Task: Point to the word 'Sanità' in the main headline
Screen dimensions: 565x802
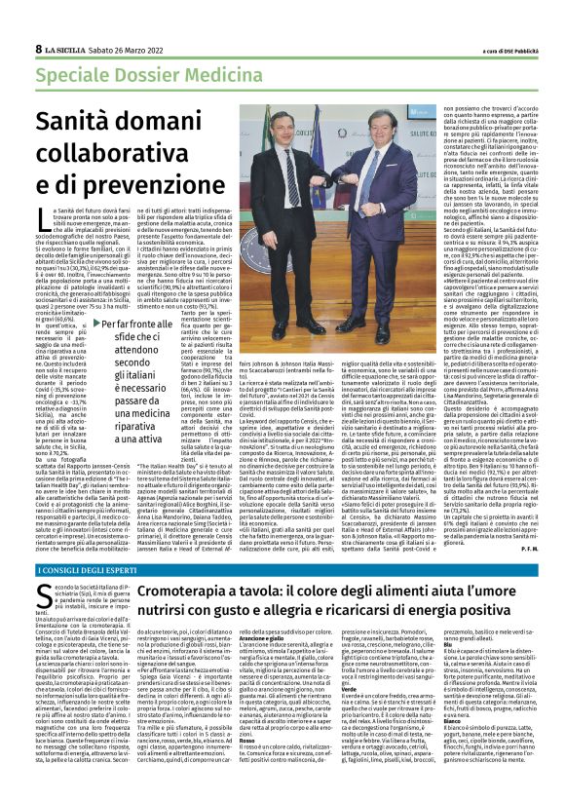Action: coord(77,122)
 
